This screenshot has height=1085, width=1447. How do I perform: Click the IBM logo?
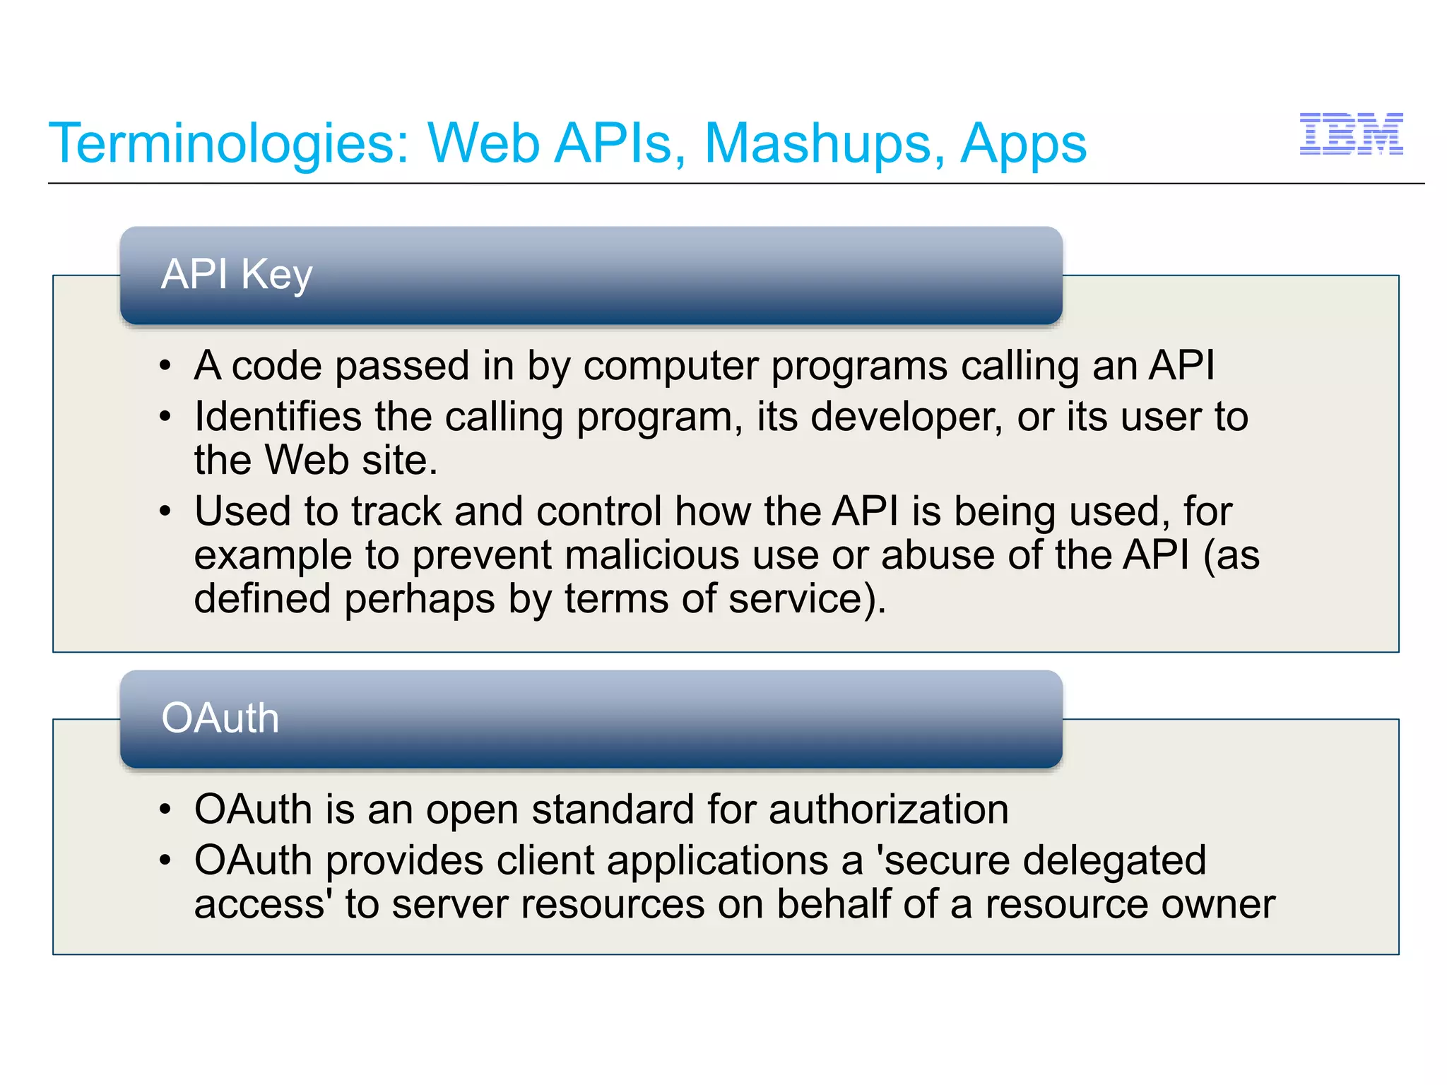[1351, 134]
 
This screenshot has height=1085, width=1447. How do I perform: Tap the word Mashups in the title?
[824, 144]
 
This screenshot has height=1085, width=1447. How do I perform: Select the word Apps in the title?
[1022, 144]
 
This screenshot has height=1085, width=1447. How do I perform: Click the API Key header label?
[237, 274]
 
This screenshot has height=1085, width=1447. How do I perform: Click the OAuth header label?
[220, 718]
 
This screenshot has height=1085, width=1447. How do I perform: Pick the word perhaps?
[420, 599]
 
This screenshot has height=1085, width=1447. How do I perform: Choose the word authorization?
[889, 810]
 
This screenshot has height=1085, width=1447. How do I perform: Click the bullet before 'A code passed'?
[165, 367]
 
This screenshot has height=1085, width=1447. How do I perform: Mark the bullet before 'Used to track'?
[165, 511]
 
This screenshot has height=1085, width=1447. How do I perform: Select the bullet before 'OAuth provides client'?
[165, 861]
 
